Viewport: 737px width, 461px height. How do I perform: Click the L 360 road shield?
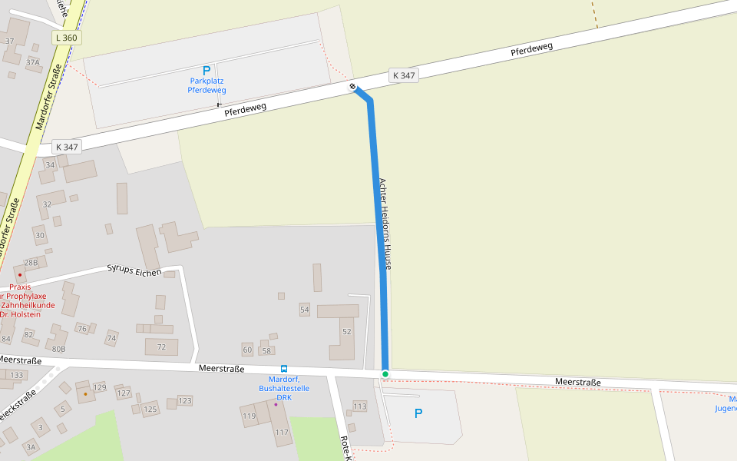click(67, 38)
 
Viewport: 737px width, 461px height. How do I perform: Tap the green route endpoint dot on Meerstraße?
click(385, 374)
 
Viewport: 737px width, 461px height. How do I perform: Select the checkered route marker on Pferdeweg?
click(353, 87)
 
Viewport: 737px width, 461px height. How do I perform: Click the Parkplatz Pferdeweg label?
click(207, 85)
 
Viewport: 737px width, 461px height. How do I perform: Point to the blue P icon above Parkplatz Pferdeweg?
click(207, 71)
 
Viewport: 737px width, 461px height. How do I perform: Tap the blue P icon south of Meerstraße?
click(418, 413)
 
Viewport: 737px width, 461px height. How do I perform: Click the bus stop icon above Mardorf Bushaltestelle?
click(284, 369)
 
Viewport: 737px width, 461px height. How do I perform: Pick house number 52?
click(347, 331)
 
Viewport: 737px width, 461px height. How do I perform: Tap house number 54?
click(305, 310)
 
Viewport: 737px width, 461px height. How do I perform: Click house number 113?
click(360, 406)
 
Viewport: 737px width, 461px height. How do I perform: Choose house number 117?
click(282, 432)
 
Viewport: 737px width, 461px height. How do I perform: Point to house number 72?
click(161, 347)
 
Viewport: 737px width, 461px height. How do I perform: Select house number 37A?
click(32, 62)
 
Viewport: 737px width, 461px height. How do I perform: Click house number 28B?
click(31, 262)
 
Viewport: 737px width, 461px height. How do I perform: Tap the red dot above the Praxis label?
click(20, 275)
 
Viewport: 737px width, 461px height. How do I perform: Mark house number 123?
click(185, 400)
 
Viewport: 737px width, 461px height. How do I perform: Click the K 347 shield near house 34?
click(67, 146)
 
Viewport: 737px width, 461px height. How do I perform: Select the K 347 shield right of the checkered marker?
click(404, 75)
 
